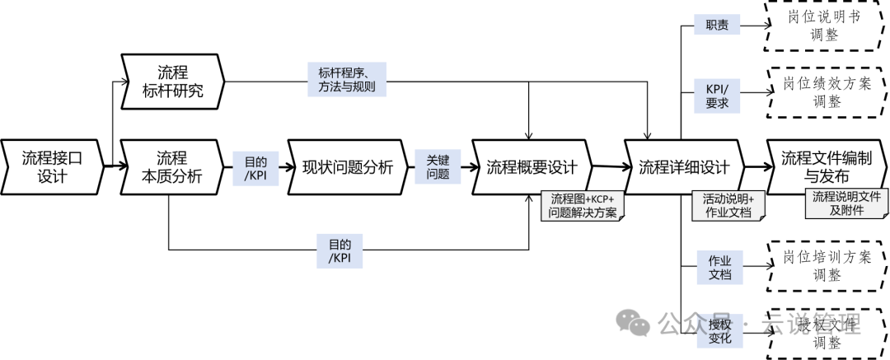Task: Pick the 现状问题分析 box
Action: [347, 167]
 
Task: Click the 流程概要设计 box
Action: [531, 167]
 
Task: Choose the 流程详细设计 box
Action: [684, 167]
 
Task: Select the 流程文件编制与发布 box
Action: [825, 167]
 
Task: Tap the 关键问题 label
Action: [438, 167]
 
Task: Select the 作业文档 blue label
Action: [719, 267]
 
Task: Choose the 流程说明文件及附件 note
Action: [846, 203]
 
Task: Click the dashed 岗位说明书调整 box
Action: [825, 26]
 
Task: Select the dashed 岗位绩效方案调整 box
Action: [825, 92]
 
